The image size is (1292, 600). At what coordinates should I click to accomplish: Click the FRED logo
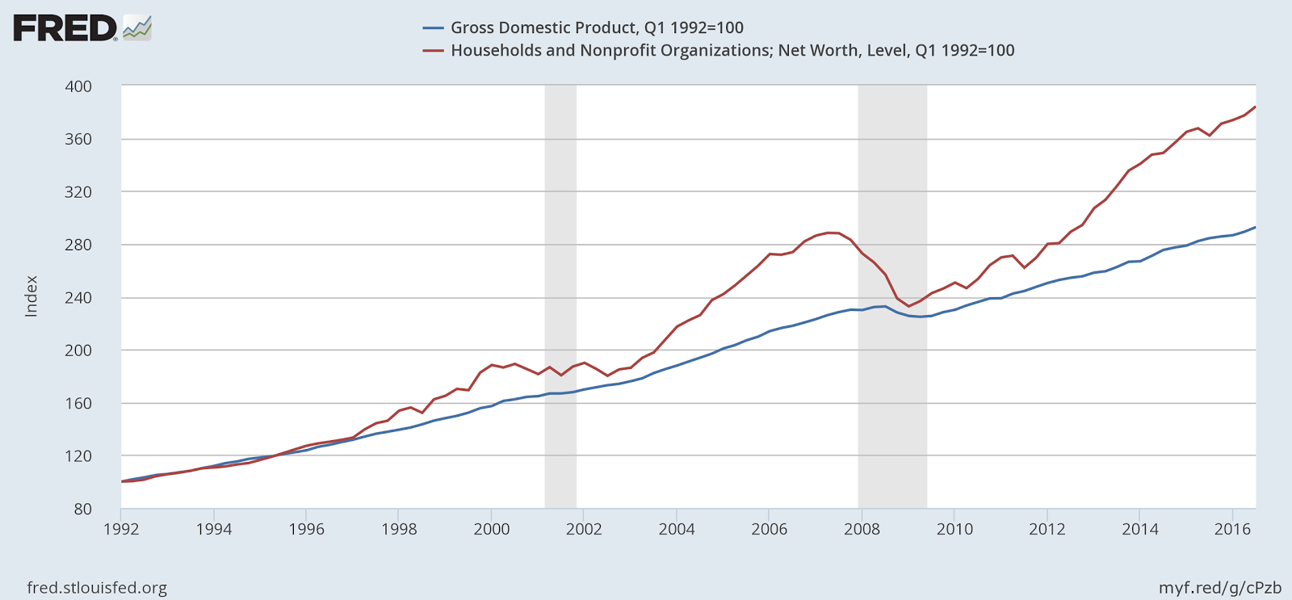click(81, 28)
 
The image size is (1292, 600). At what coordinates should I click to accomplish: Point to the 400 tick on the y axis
click(78, 86)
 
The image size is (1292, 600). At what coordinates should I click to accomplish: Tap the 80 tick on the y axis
click(83, 509)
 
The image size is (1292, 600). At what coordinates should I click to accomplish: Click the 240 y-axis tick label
click(78, 297)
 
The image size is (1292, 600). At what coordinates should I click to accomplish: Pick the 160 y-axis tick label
click(78, 403)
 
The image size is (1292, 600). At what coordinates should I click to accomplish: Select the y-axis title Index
click(31, 296)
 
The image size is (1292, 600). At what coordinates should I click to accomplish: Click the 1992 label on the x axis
click(121, 530)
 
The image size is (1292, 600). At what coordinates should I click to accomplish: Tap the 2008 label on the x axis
click(862, 530)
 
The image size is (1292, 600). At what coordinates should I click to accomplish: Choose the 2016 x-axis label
click(1232, 530)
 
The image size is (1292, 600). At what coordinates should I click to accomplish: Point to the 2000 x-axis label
click(491, 530)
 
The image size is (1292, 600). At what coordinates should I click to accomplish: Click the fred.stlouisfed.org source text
click(97, 588)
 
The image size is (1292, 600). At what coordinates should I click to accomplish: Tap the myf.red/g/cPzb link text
click(1220, 588)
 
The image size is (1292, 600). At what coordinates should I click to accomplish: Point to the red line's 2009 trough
click(908, 306)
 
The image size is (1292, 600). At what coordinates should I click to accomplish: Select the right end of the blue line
click(1255, 228)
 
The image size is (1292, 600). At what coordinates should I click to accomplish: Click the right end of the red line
click(1255, 107)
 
